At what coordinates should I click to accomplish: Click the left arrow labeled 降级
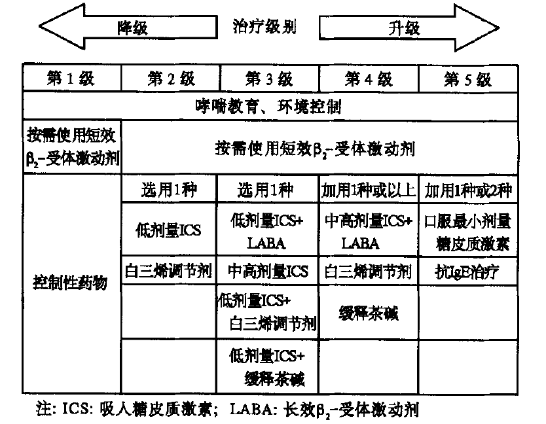124,28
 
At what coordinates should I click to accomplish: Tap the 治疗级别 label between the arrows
264,27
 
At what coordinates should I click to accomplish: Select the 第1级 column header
71,80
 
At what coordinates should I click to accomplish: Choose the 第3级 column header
269,80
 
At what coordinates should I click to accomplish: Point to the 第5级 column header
467,80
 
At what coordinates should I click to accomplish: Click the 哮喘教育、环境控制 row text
269,107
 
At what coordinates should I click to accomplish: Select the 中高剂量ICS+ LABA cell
368,230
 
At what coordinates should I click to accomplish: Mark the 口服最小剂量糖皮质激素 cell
467,230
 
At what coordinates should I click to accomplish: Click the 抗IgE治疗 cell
467,270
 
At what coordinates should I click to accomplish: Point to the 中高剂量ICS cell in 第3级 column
269,270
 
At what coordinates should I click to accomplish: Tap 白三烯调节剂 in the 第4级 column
368,270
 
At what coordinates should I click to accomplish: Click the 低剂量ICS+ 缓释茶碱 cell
269,367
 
